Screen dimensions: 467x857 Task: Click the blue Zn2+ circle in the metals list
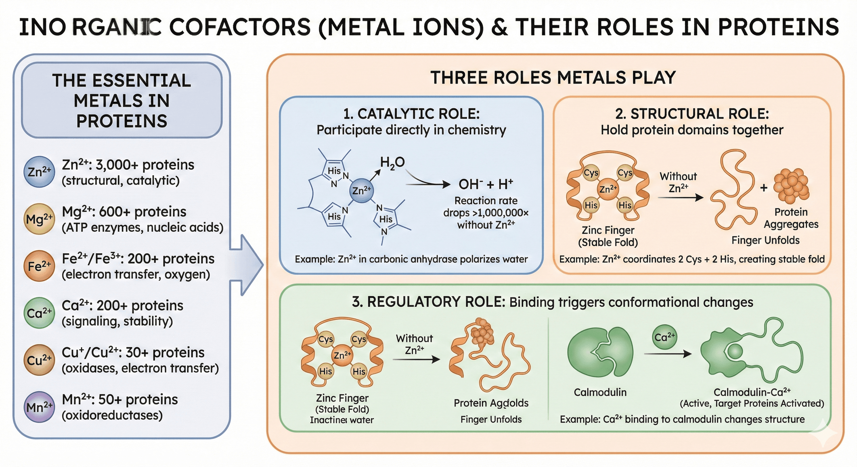(39, 172)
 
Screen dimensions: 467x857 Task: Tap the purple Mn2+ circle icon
(39, 407)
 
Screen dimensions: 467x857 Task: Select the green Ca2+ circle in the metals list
(39, 313)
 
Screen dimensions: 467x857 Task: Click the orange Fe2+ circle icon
(39, 266)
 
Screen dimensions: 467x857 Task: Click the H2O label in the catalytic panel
(392, 163)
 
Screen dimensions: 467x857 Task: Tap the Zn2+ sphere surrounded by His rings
(362, 190)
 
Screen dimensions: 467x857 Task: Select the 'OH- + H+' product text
(485, 184)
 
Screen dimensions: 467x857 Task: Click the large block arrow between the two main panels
(248, 265)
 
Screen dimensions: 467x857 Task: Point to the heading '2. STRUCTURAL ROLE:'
(692, 114)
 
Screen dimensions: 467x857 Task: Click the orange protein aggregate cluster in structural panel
(791, 185)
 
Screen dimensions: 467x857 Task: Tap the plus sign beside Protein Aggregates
(764, 188)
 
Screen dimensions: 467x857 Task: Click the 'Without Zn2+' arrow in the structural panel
(680, 197)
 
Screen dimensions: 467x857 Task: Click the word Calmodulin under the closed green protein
(600, 392)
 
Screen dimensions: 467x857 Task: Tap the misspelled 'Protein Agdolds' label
(491, 403)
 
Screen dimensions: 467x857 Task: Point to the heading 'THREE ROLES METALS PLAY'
(553, 78)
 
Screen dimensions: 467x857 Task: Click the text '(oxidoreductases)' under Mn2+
(112, 415)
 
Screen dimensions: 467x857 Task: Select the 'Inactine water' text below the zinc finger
(342, 420)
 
